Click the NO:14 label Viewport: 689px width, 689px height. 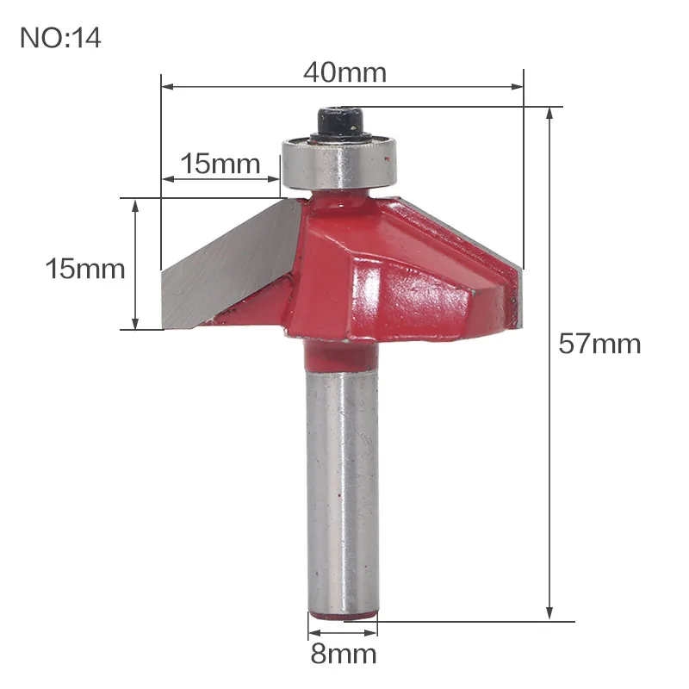point(60,38)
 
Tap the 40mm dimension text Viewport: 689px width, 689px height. point(345,72)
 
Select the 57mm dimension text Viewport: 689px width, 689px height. point(599,344)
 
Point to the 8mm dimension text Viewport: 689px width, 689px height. point(343,655)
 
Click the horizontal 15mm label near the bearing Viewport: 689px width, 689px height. point(220,164)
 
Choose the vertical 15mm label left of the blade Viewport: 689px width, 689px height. point(85,269)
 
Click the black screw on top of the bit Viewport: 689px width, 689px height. point(340,124)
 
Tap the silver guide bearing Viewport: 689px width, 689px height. point(339,163)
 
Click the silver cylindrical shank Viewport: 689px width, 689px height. point(342,491)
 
